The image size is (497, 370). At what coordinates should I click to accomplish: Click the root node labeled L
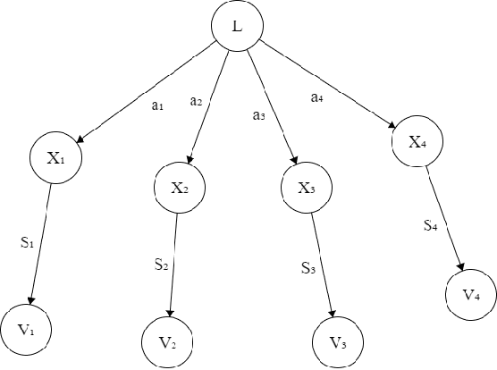click(236, 26)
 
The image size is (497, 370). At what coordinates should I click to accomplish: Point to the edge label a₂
click(197, 101)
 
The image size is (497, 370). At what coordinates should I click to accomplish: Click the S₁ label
click(28, 242)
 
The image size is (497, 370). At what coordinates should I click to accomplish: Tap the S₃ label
click(307, 267)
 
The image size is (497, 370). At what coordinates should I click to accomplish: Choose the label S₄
click(430, 226)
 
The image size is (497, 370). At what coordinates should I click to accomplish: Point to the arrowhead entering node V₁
click(33, 301)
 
